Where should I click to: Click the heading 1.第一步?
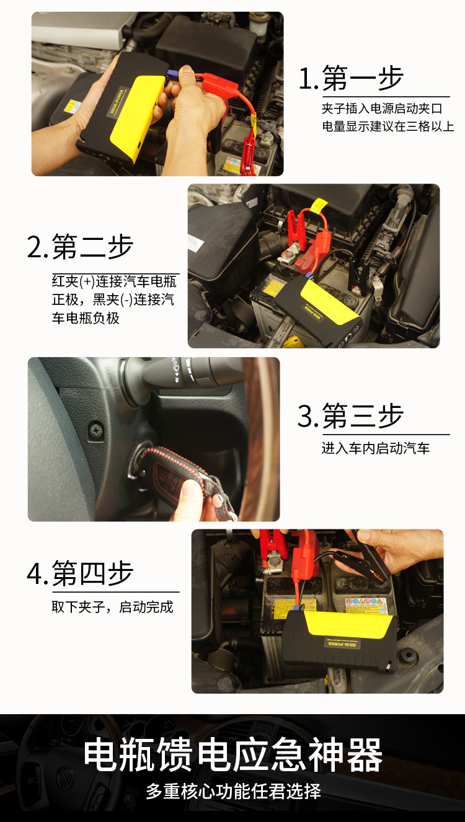point(351,79)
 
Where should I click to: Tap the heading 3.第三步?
point(351,416)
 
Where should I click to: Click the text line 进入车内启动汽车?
point(376,448)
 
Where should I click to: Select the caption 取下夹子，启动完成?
point(112,607)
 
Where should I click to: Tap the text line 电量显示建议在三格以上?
point(387,126)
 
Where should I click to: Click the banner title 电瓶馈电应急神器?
point(232,755)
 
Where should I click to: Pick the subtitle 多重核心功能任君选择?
point(233,792)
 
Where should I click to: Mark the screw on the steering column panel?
point(96,428)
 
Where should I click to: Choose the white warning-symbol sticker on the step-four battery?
point(366,605)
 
